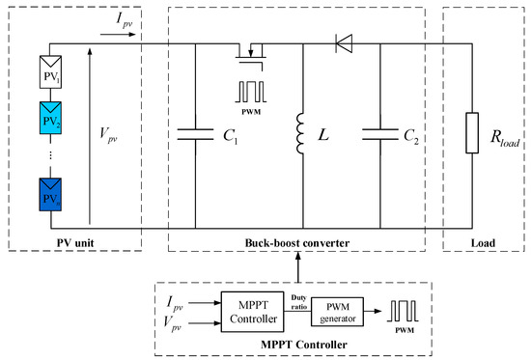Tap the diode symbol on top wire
point(342,42)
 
